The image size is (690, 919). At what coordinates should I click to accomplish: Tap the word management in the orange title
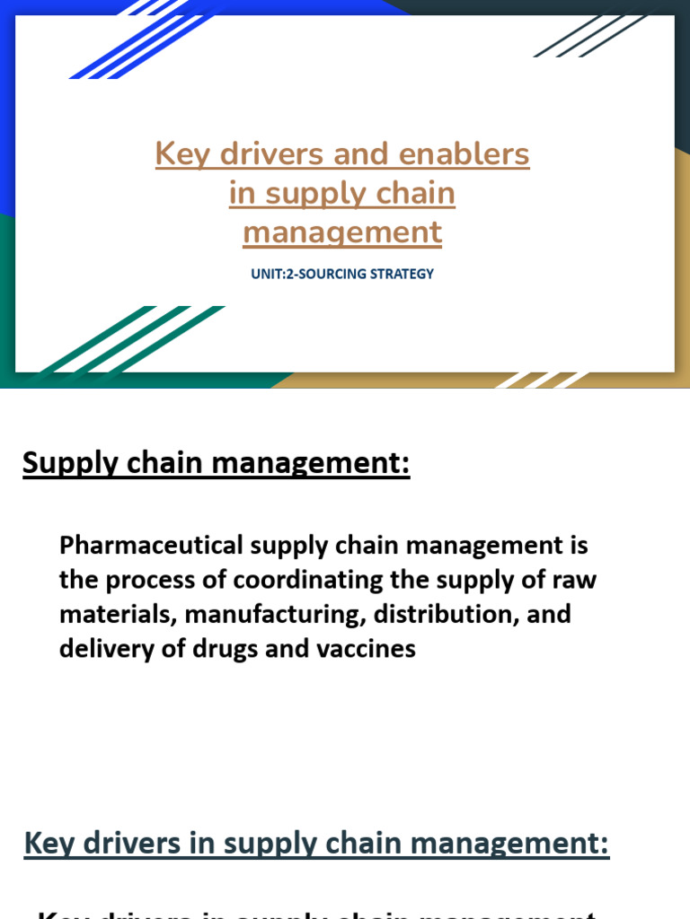coord(342,232)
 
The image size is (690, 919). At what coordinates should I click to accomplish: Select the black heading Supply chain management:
coord(216,465)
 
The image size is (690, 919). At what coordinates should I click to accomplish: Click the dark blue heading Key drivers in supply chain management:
coord(316,844)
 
